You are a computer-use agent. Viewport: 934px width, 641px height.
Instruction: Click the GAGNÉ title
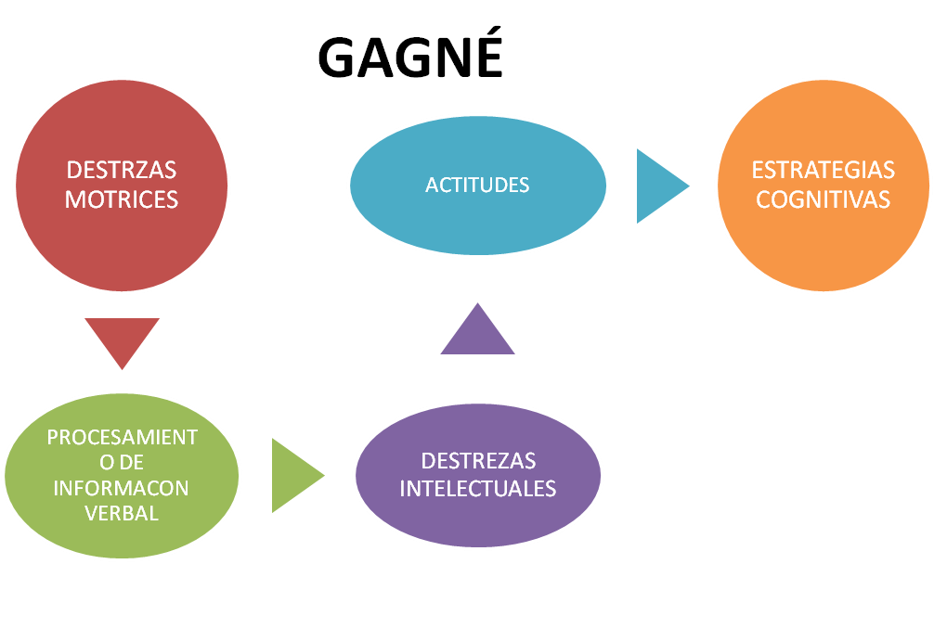coord(410,58)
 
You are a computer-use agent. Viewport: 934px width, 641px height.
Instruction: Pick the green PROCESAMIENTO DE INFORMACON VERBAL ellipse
coord(122,519)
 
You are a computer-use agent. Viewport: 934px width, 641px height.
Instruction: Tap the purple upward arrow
coord(477,332)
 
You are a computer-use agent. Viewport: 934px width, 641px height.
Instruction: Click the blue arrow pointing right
coord(658,186)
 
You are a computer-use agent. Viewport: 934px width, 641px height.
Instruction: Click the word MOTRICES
coord(122,199)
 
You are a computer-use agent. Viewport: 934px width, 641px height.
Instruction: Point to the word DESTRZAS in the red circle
coord(122,171)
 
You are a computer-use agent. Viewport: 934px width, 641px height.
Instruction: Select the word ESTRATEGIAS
coord(823,171)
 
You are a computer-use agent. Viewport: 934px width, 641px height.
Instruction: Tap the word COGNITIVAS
coord(823,199)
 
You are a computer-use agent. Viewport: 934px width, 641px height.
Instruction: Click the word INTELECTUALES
coord(477,488)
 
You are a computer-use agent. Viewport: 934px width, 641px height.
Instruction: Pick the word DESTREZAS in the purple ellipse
coord(477,461)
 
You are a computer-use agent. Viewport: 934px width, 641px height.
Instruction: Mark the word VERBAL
coord(122,513)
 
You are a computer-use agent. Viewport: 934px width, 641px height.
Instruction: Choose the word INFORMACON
coord(122,488)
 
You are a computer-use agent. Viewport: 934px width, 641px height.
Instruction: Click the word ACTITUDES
coord(477,186)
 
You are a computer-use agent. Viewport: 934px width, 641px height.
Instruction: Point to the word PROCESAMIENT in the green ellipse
coord(122,438)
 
